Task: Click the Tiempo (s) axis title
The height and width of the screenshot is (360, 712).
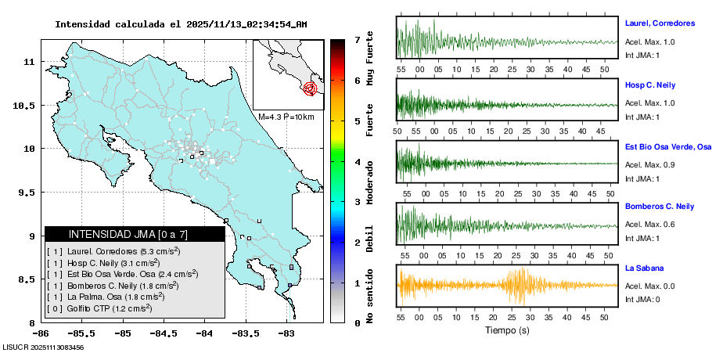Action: [507, 329]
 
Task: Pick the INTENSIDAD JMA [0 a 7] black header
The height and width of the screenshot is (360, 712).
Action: [128, 234]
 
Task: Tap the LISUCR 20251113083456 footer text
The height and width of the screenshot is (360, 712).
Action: [43, 347]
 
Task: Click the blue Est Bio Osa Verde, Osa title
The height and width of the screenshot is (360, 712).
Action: [667, 146]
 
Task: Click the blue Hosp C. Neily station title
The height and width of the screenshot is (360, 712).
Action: [649, 85]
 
